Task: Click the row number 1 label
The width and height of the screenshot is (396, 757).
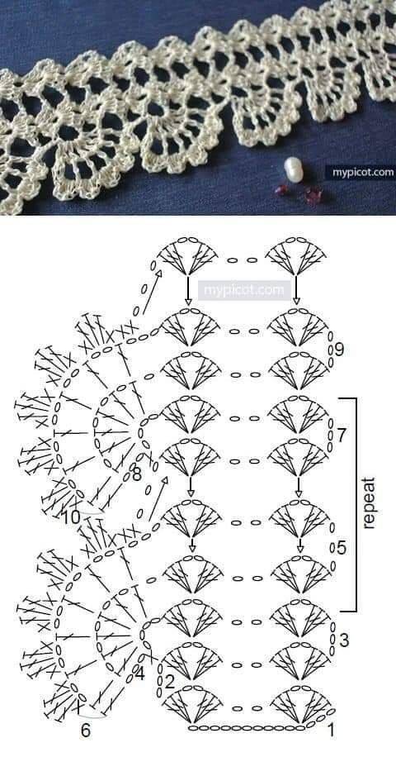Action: point(331,731)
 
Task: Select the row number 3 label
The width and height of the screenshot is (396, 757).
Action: point(344,640)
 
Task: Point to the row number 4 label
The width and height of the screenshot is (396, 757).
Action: point(139,674)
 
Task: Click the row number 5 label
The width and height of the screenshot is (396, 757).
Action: point(341,548)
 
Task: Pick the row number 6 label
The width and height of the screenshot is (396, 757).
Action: point(85,731)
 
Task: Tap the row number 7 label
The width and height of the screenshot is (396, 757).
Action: point(341,436)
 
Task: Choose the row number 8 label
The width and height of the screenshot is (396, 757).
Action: point(136,475)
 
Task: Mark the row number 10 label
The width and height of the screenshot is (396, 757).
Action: point(71,518)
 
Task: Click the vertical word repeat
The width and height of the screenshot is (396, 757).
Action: point(369,503)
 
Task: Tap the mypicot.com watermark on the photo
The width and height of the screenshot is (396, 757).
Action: point(361,172)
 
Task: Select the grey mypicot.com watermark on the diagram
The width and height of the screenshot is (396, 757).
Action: point(244,290)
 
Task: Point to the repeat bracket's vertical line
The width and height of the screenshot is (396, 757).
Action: point(356,504)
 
